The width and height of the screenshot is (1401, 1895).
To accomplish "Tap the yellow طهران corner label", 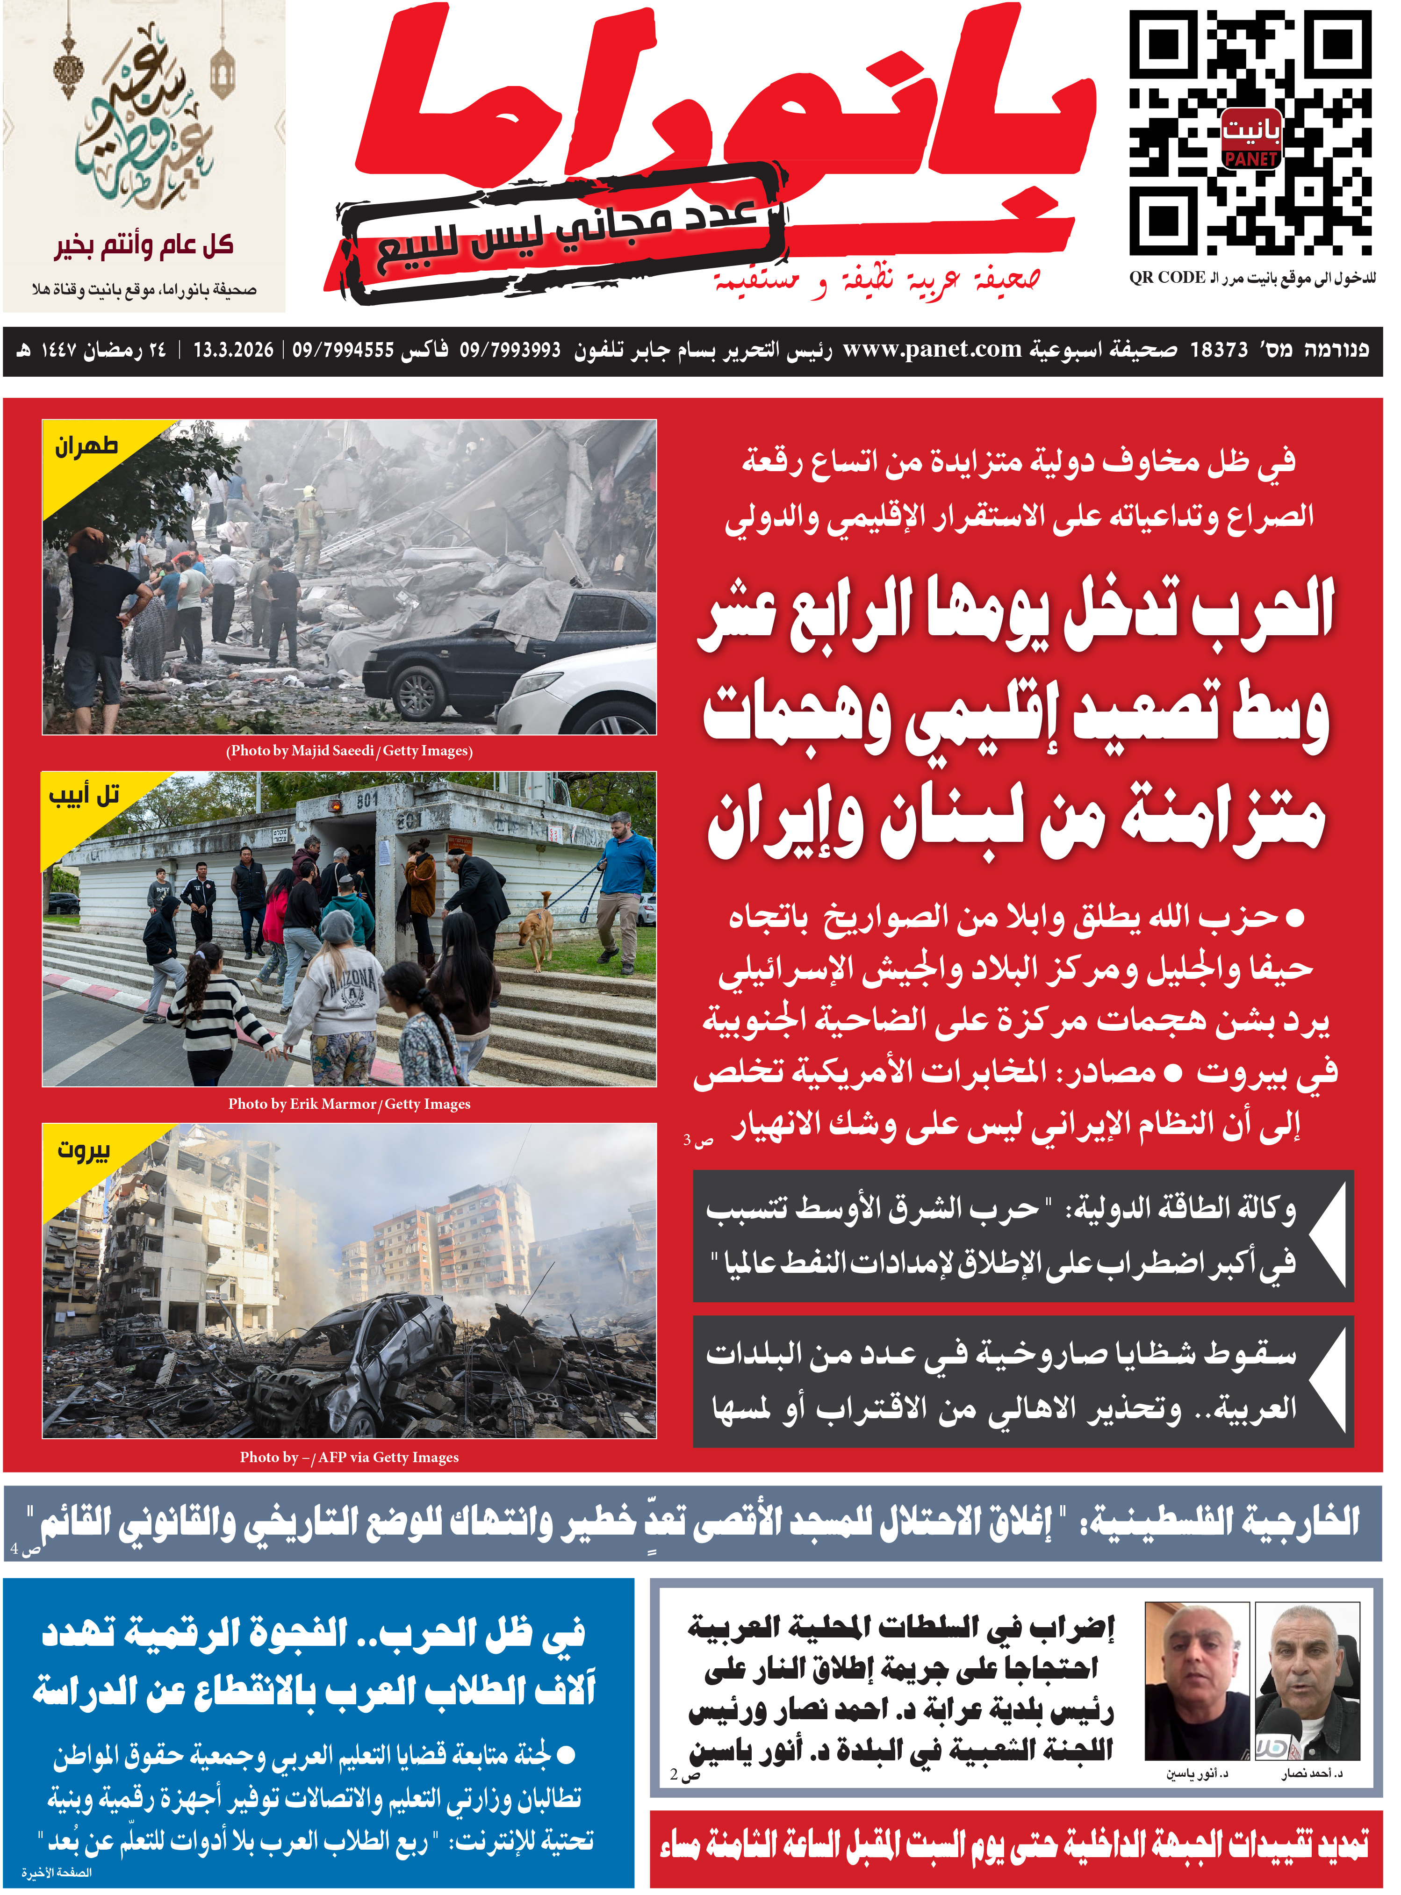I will pyautogui.click(x=86, y=447).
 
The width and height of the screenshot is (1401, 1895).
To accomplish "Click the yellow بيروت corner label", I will pyautogui.click(x=83, y=1150).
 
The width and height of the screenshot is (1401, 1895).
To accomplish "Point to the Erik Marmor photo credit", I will pyautogui.click(x=349, y=1104).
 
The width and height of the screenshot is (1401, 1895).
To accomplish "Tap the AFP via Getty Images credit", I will pyautogui.click(x=349, y=1457).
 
